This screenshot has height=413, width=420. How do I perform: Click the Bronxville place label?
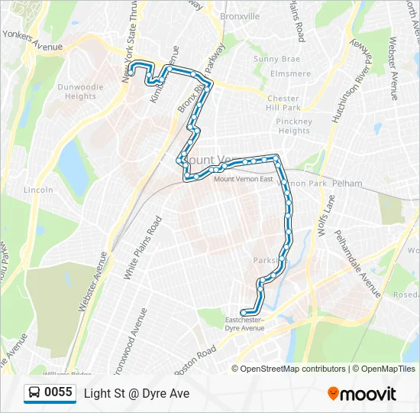click(240, 16)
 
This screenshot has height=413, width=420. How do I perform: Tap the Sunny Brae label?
click(277, 59)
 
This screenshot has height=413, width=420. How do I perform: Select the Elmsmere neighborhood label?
click(291, 74)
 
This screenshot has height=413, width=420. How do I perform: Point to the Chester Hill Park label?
click(283, 103)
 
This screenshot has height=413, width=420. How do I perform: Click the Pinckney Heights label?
click(294, 126)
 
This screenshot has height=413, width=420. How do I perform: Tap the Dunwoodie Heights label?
click(80, 92)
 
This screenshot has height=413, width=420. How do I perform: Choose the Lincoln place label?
click(38, 190)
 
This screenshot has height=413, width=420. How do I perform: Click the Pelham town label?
click(347, 184)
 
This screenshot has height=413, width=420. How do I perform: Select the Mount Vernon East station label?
click(243, 179)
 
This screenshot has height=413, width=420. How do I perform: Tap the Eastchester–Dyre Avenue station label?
click(244, 324)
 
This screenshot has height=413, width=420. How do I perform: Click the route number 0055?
click(59, 393)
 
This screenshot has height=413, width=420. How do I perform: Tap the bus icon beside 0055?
click(35, 393)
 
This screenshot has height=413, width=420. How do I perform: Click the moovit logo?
click(362, 394)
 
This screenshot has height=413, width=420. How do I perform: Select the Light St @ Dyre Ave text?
click(137, 394)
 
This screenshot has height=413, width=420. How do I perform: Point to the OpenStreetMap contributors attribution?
click(292, 369)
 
